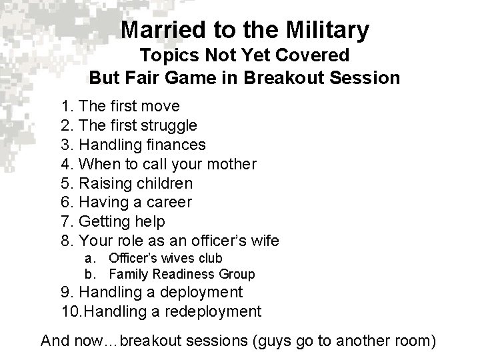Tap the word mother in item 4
coord(233,163)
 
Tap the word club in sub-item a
coord(211,258)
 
